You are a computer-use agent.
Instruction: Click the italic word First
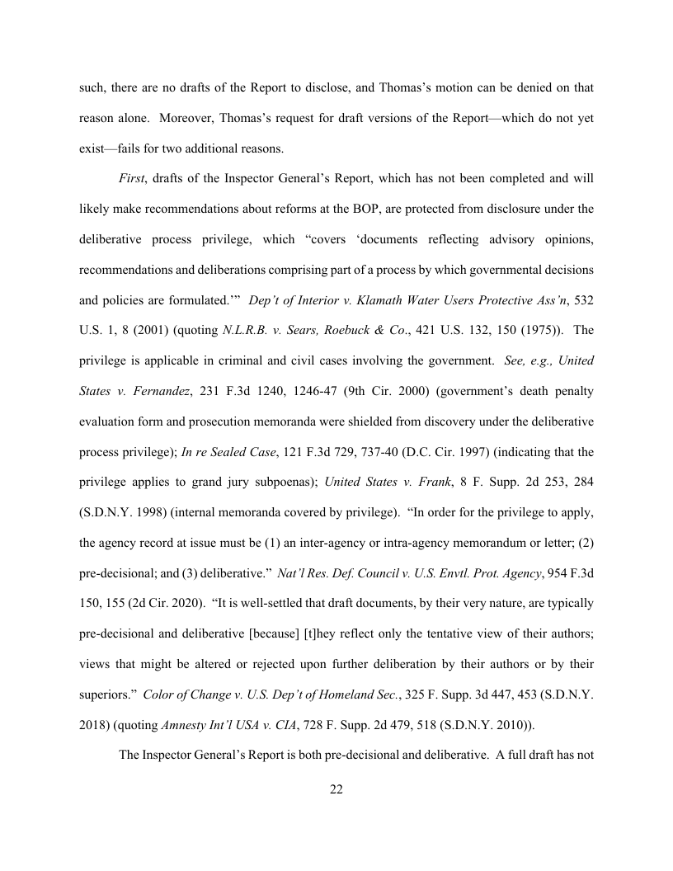[133, 178]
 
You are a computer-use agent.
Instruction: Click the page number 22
[336, 789]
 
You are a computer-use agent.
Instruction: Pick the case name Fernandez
[144, 392]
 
